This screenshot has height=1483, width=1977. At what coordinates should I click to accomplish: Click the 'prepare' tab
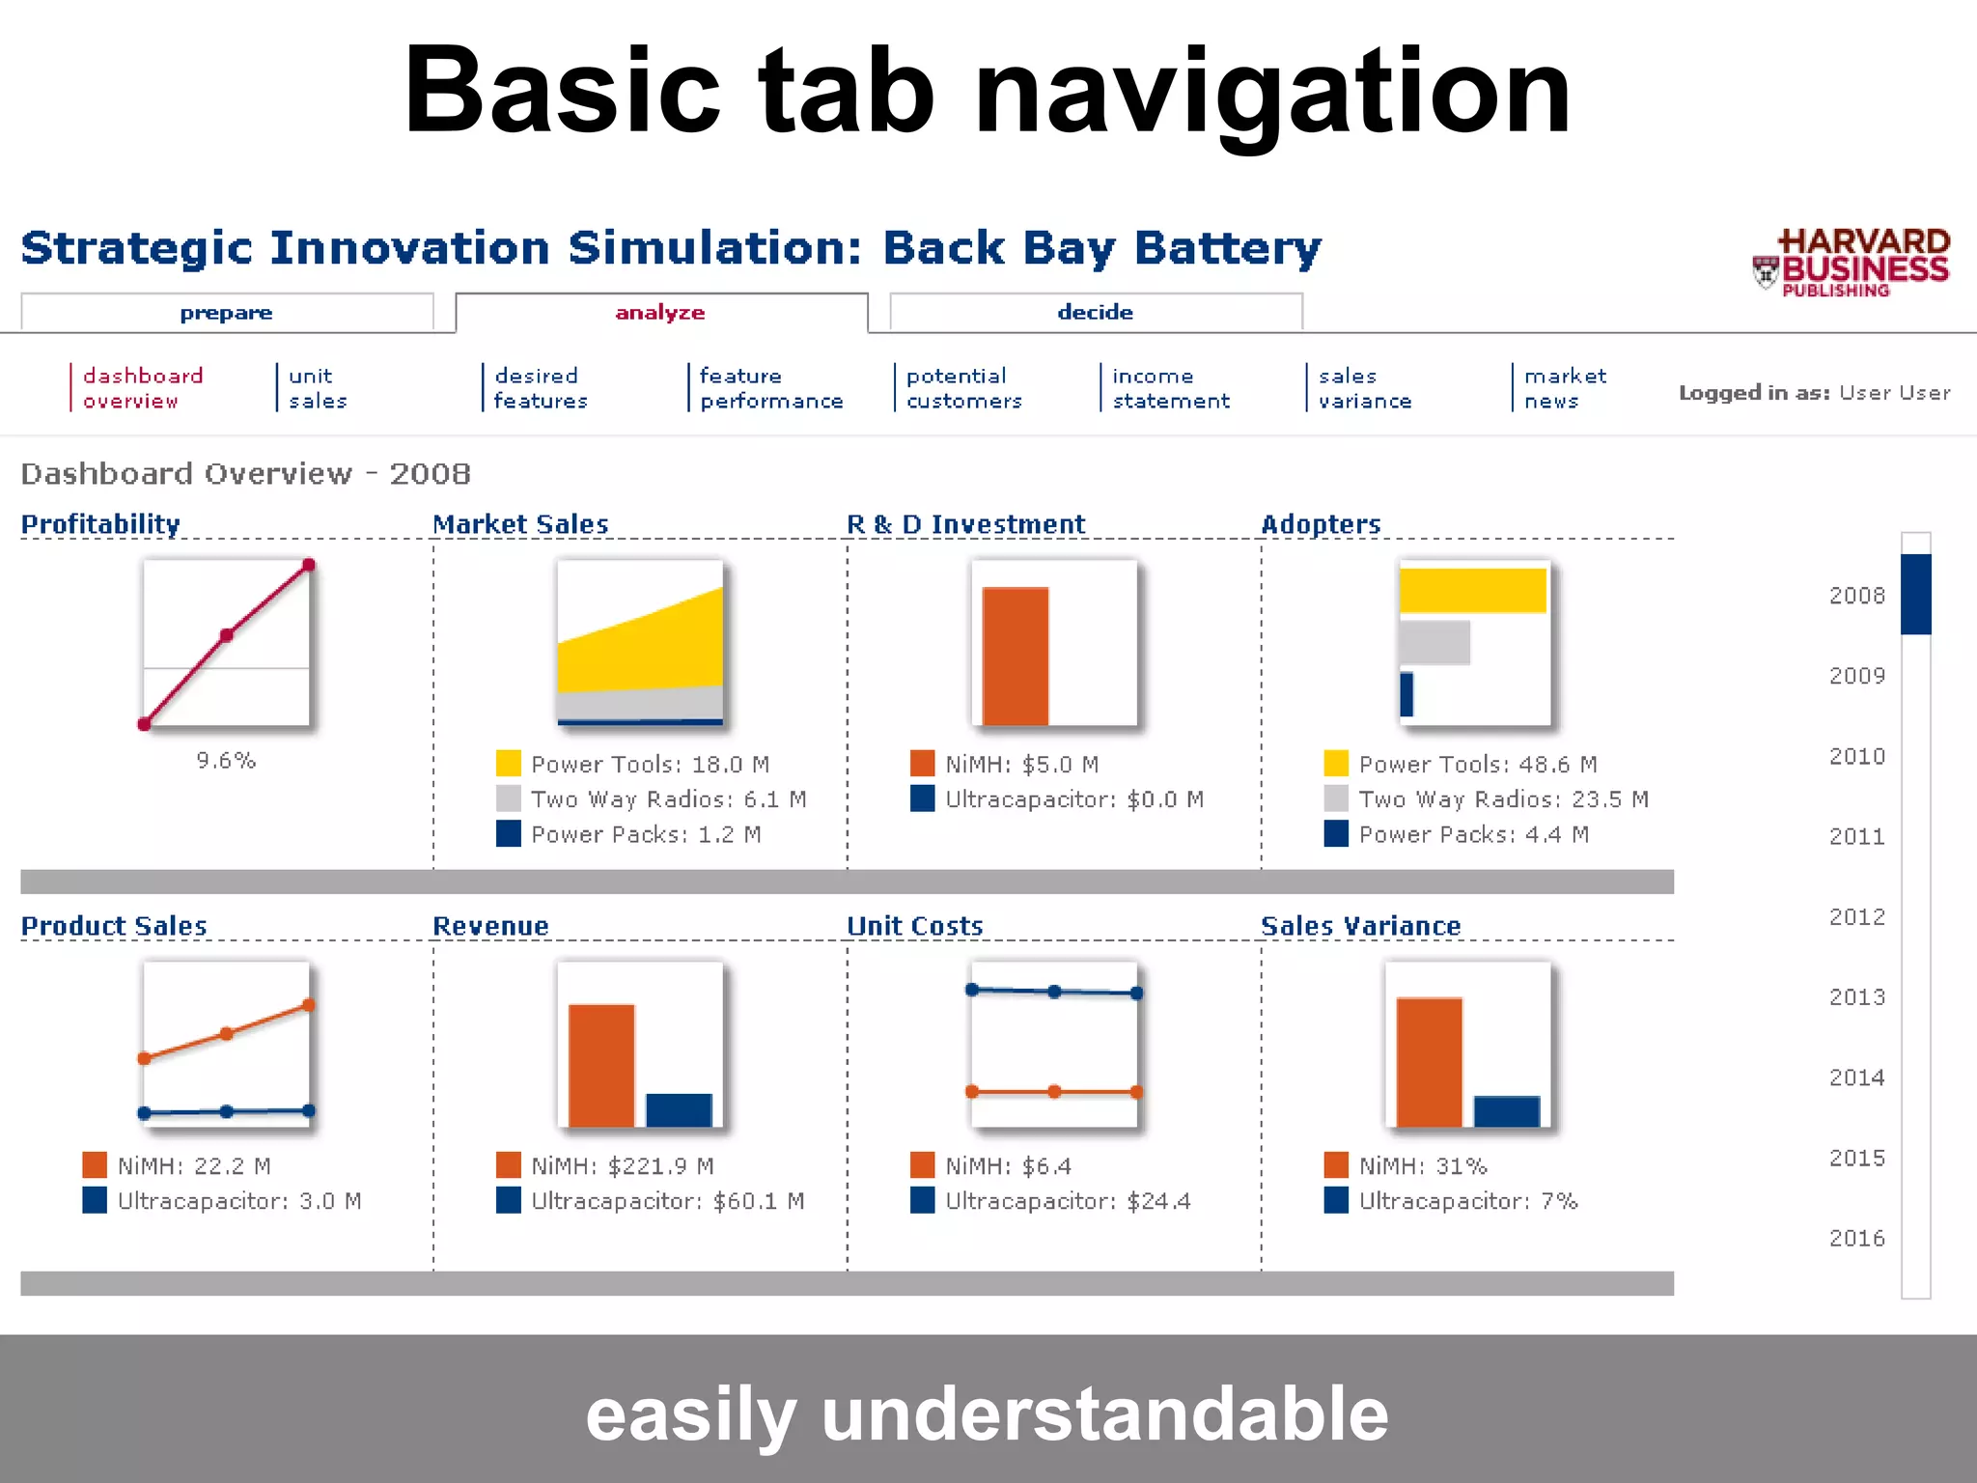click(226, 313)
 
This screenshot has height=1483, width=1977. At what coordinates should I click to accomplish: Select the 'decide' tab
click(1095, 312)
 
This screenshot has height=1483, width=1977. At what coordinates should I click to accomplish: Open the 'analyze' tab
click(660, 312)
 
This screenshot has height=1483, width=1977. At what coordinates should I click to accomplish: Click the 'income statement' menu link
click(1170, 388)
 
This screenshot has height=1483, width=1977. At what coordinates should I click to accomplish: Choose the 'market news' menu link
click(1564, 388)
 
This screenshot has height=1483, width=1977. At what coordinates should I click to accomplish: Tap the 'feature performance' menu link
click(770, 388)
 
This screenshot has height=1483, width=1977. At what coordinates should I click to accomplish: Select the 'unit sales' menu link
click(317, 388)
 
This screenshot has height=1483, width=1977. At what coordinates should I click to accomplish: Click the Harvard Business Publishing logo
click(1852, 263)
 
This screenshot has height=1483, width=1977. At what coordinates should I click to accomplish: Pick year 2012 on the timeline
click(1856, 916)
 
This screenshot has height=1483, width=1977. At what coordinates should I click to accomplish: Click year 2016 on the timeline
click(1856, 1238)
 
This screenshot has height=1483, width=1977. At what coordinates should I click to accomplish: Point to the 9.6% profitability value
click(226, 761)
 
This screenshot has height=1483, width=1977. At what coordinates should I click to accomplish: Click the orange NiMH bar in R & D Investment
click(1015, 656)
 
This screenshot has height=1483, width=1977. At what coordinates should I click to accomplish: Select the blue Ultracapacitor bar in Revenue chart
click(679, 1109)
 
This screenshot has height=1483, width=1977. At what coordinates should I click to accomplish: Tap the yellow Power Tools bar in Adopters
click(1472, 590)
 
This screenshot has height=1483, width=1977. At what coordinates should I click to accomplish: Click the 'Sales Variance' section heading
click(1360, 926)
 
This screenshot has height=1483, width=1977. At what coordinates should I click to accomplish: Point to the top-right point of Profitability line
click(308, 565)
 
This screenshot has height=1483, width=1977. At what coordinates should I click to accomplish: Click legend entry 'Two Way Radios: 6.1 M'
click(668, 799)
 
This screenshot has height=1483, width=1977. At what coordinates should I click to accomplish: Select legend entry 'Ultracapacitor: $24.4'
click(1067, 1201)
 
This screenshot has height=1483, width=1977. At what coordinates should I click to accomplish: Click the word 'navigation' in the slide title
click(1272, 92)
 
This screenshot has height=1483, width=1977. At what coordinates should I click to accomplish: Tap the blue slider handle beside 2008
click(1915, 594)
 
